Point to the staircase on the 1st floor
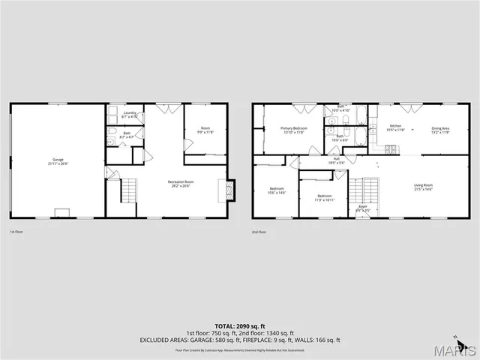pyautogui.click(x=130, y=190)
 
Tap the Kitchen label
pyautogui.click(x=395, y=127)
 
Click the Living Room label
pyautogui.click(x=424, y=187)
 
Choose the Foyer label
pyautogui.click(x=363, y=208)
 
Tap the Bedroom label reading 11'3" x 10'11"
pyautogui.click(x=324, y=197)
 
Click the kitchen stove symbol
pyautogui.click(x=391, y=149)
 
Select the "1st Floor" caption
pyautogui.click(x=17, y=232)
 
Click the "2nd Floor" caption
pyautogui.click(x=259, y=232)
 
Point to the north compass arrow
pyautogui.click(x=455, y=336)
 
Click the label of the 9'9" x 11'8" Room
pyautogui.click(x=205, y=130)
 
